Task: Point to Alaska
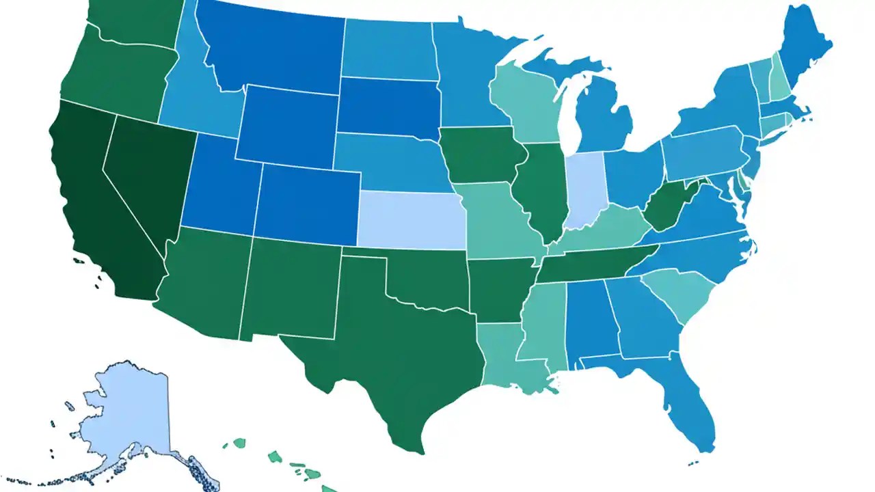pyautogui.click(x=126, y=417)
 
